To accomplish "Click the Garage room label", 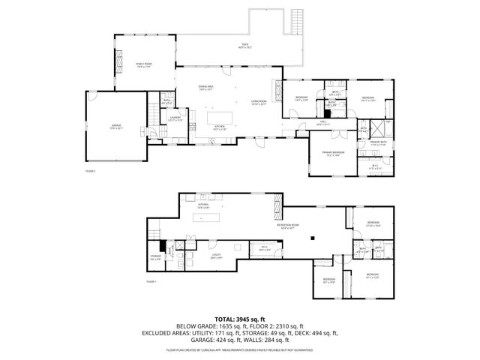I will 116,127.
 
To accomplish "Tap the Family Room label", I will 144,65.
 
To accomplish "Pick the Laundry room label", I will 175,118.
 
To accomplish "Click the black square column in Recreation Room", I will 314,238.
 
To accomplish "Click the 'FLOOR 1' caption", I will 151,281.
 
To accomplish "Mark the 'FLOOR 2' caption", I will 90,171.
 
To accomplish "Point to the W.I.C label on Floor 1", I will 264,248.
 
